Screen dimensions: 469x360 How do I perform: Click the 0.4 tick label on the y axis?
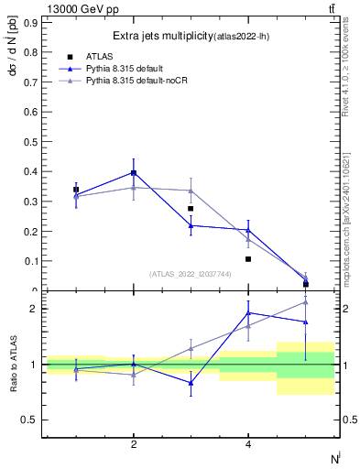click(x=30, y=171)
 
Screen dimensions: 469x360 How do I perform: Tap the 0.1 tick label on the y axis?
click(x=30, y=261)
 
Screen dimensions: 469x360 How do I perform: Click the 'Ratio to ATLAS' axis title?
click(x=13, y=365)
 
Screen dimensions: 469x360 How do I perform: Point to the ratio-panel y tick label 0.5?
click(x=30, y=420)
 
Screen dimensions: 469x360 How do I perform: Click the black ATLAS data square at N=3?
click(x=191, y=209)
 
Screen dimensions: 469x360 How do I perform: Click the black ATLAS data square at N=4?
click(x=248, y=259)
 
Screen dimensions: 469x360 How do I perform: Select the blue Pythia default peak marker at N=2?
click(x=134, y=172)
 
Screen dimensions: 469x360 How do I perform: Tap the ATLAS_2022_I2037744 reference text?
click(x=191, y=274)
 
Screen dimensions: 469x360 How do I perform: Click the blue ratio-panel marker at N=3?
click(x=191, y=383)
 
